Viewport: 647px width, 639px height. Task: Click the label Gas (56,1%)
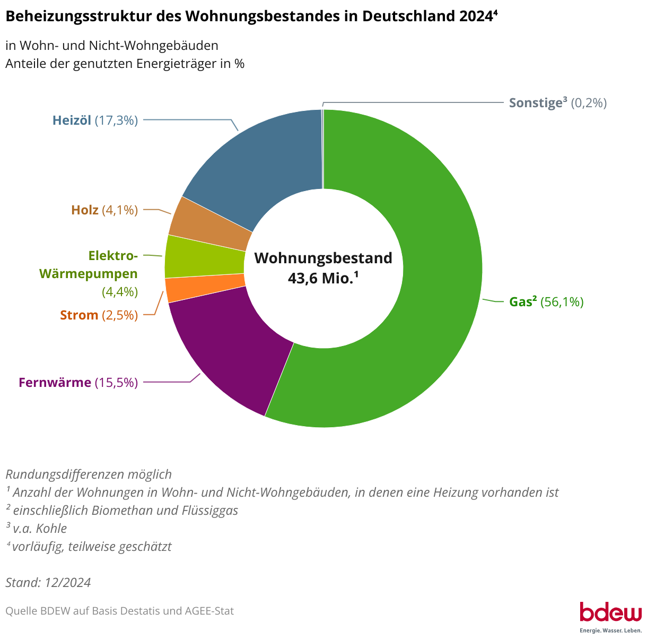click(546, 302)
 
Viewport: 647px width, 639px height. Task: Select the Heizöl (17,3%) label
click(95, 120)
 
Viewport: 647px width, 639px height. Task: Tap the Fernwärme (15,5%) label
click(78, 382)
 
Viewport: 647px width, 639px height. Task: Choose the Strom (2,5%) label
click(99, 315)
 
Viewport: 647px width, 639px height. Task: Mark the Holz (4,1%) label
click(104, 210)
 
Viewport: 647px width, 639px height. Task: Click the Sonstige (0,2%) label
click(557, 103)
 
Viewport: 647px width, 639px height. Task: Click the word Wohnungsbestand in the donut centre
click(323, 258)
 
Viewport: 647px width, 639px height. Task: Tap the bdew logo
click(610, 616)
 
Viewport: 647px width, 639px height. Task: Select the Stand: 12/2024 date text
click(48, 582)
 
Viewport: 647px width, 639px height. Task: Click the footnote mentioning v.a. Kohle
click(37, 528)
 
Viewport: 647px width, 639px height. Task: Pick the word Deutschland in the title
click(401, 16)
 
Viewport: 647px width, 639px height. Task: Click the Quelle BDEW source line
click(119, 611)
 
